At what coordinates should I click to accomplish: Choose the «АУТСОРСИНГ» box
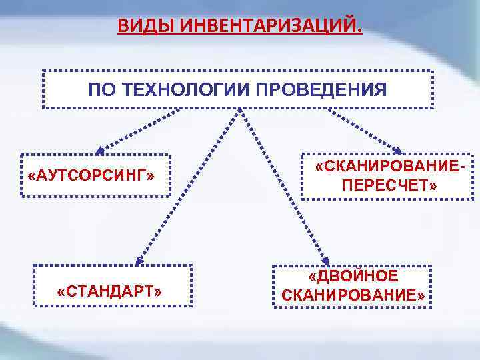[x=95, y=177]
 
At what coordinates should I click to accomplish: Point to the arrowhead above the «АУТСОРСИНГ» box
[x=100, y=151]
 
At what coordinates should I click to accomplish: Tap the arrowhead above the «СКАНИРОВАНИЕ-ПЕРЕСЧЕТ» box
[x=399, y=151]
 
